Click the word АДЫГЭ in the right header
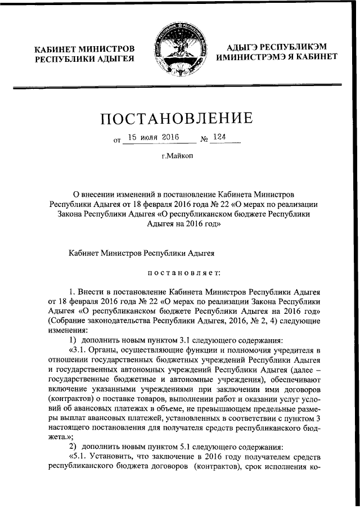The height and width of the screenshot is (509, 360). tap(244, 46)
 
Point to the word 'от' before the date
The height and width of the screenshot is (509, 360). tap(118, 140)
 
